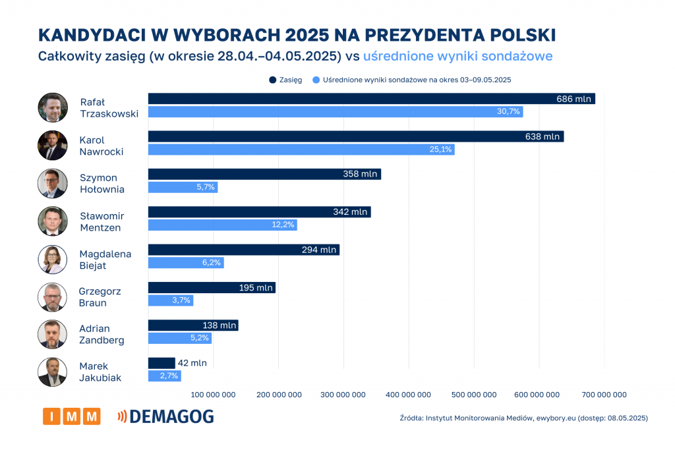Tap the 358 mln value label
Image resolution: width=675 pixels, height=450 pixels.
coord(360,175)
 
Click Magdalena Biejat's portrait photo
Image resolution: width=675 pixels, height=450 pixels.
coord(52,259)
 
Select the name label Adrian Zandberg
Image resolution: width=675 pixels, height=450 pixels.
coord(102,334)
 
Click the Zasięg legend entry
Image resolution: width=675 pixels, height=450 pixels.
coord(285,80)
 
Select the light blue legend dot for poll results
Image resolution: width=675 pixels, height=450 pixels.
coord(316,80)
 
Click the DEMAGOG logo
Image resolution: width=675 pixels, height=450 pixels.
coord(165,416)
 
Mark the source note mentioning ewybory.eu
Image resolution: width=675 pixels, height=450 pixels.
coord(523,418)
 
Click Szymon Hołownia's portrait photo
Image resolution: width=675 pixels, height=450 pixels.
coord(52,183)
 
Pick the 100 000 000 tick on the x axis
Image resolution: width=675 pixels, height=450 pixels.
coord(213,395)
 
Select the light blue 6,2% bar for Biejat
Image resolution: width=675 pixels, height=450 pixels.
coord(186,263)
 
